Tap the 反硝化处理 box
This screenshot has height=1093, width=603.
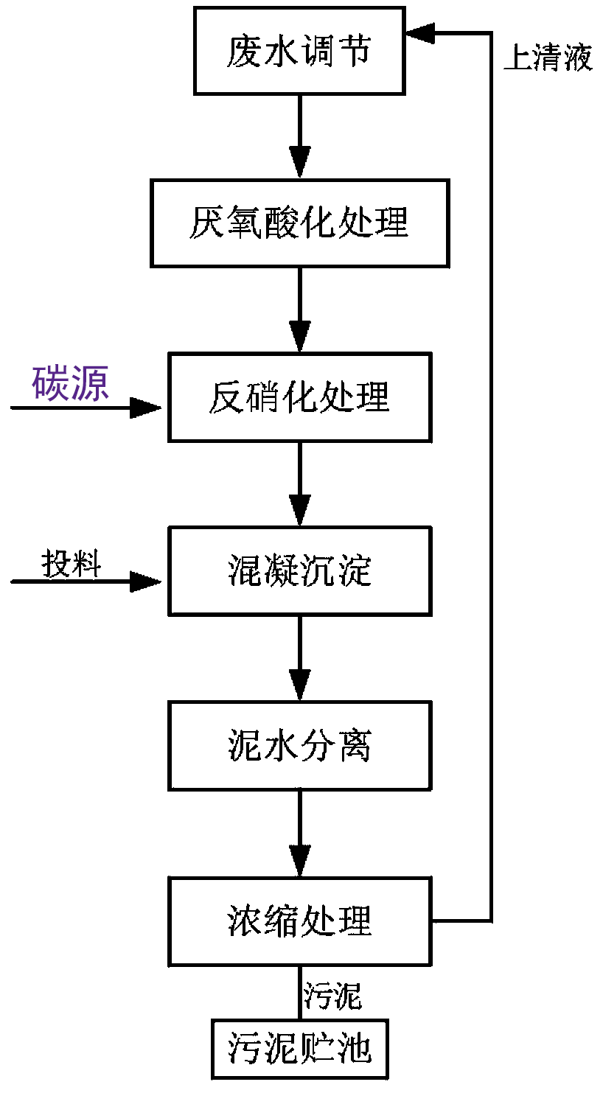point(299,398)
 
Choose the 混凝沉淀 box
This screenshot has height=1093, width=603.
point(299,571)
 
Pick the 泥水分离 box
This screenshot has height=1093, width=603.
point(299,746)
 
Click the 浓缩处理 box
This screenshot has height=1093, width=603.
point(299,921)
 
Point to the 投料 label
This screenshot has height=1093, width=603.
point(71,565)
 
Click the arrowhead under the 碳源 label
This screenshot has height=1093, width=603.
point(146,407)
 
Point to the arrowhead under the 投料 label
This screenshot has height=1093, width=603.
point(146,582)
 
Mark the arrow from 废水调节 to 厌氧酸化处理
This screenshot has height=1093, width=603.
point(299,136)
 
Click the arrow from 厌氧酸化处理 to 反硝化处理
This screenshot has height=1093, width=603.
point(299,310)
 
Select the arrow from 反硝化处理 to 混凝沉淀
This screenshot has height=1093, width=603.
point(299,483)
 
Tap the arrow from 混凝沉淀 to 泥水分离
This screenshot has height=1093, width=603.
point(299,657)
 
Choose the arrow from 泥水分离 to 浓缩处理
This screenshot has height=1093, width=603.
point(299,833)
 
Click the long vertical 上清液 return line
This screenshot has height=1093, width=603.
point(491,479)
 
